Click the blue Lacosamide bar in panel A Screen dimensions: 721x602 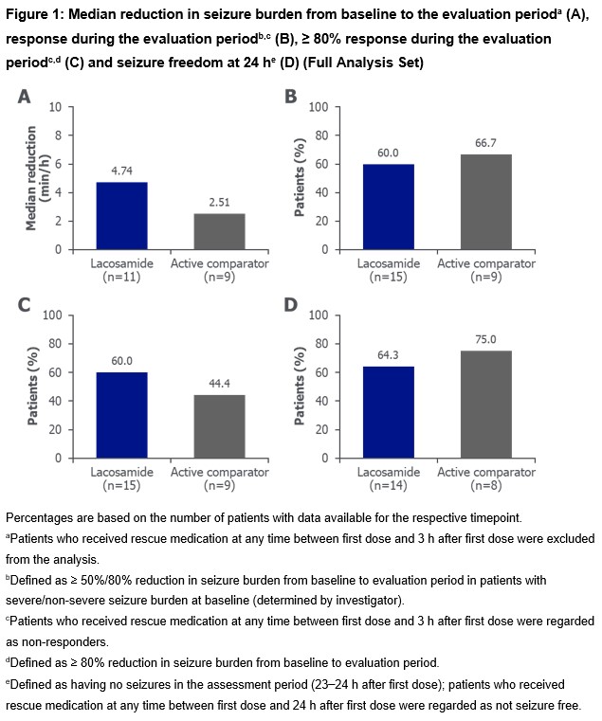[x=120, y=215]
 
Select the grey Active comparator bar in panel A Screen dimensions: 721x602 [x=219, y=231]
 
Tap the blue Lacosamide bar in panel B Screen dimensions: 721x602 [x=388, y=207]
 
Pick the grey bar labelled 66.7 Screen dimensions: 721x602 [x=485, y=202]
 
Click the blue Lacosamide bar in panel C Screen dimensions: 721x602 [x=120, y=415]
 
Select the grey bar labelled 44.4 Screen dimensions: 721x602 [x=219, y=426]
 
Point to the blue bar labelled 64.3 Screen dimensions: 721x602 [x=388, y=412]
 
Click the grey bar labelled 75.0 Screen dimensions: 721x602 [x=485, y=405]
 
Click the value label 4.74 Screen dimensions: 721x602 [x=120, y=171]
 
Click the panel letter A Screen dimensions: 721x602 [x=25, y=97]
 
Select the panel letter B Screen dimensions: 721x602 [x=292, y=97]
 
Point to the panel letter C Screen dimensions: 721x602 [x=25, y=305]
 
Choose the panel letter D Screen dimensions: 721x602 [x=292, y=305]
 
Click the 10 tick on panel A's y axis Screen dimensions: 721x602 [x=56, y=107]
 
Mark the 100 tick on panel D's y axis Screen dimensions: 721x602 [x=319, y=315]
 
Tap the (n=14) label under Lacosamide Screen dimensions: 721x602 [x=388, y=486]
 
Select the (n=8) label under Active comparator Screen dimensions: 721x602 [x=485, y=486]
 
